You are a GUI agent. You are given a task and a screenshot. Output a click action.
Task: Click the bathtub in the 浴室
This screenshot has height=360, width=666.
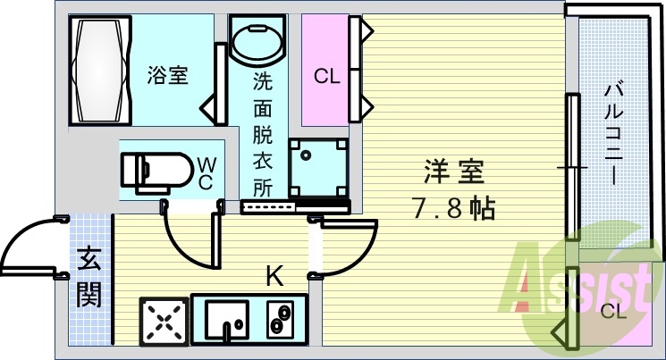click(101, 70)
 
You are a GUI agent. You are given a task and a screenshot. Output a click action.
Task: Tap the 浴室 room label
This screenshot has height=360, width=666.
click(168, 75)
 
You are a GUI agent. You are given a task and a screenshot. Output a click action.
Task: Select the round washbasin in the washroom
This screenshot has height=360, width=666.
click(257, 41)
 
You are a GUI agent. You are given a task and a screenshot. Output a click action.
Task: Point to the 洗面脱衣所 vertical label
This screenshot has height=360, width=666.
click(263, 135)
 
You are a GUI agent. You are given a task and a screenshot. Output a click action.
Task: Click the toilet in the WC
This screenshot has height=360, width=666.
click(157, 172)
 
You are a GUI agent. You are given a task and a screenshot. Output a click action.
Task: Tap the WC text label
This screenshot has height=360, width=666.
click(207, 172)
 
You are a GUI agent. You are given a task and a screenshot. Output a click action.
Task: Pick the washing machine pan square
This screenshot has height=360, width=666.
click(318, 167)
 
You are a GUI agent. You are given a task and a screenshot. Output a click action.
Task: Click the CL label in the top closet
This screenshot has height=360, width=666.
click(327, 77)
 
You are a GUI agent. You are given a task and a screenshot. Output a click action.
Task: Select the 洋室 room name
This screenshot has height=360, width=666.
click(454, 172)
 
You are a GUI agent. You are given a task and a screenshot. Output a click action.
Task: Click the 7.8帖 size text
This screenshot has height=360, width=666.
click(454, 208)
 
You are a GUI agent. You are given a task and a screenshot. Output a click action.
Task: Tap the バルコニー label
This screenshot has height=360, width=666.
click(613, 135)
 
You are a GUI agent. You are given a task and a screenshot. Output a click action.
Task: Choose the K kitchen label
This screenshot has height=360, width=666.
click(274, 275)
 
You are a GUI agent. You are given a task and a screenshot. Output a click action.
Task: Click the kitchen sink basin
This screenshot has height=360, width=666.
click(227, 318)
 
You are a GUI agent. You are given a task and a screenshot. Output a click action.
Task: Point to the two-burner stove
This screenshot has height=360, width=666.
click(280, 320)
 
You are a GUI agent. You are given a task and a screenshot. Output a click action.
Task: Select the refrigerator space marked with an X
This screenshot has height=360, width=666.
click(164, 322)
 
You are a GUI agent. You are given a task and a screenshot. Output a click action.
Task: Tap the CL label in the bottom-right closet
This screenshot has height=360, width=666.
click(614, 313)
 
